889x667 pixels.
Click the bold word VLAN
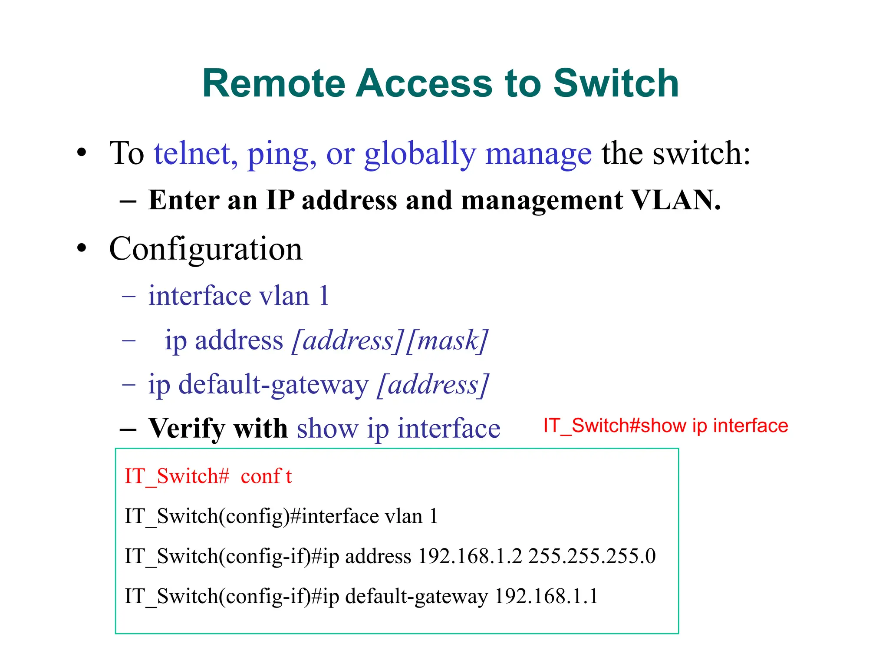(x=675, y=200)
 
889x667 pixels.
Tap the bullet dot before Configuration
(x=82, y=248)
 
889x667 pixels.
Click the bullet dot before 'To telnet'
(x=82, y=153)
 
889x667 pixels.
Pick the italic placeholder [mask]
(x=447, y=340)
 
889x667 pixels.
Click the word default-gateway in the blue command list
(x=273, y=385)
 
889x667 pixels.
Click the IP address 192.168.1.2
(x=470, y=556)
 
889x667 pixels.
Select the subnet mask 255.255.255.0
(x=592, y=556)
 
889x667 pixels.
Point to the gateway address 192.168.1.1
(x=546, y=596)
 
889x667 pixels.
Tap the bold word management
(x=542, y=200)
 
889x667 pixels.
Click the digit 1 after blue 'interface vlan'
(x=324, y=296)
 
